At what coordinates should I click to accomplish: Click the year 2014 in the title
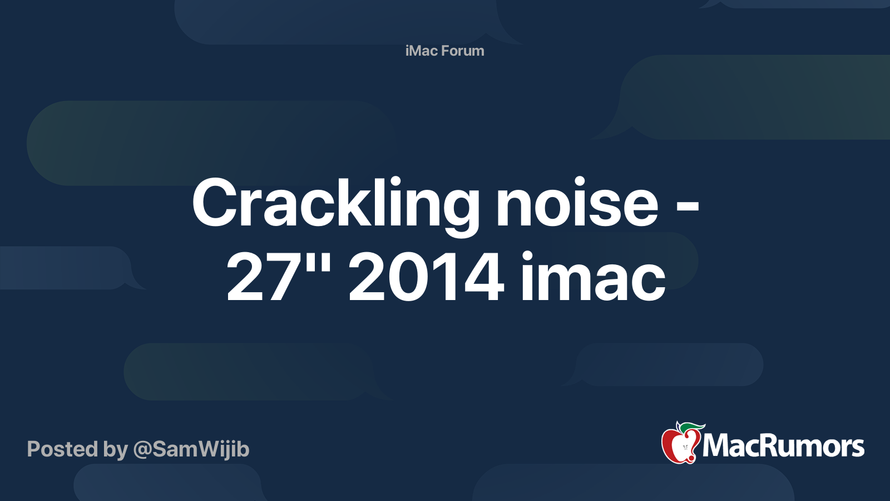tap(426, 277)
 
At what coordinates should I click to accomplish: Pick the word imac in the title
tap(593, 277)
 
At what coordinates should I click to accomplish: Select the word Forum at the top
tap(463, 51)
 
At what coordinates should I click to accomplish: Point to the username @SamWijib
tap(191, 449)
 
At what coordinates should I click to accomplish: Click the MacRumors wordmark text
tap(783, 446)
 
